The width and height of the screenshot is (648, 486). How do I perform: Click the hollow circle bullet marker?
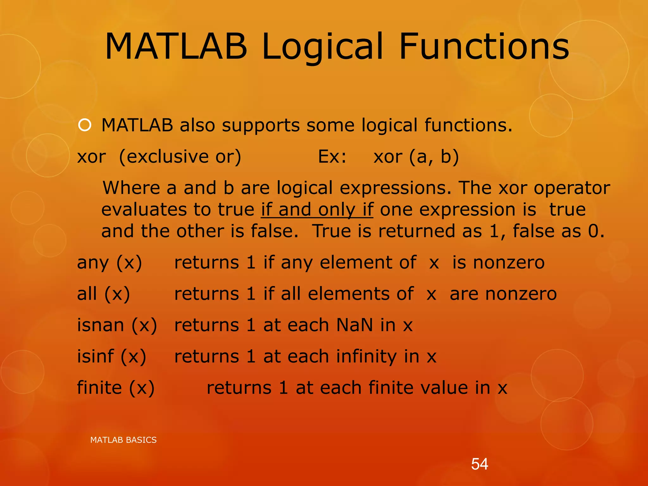(85, 125)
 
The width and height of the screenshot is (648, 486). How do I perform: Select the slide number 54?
(479, 464)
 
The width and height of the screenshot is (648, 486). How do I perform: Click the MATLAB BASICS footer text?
(123, 440)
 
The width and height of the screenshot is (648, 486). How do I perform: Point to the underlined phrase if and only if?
(317, 210)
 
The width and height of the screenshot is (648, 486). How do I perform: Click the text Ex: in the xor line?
(332, 156)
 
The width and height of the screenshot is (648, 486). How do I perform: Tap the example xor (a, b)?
(416, 157)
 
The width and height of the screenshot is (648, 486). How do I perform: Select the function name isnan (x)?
(117, 325)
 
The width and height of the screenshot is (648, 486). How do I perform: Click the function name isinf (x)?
(112, 357)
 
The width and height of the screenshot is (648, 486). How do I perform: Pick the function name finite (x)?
(116, 388)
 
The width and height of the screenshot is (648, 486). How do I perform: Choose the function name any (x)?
(109, 263)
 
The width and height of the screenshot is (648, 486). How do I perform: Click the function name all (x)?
(103, 294)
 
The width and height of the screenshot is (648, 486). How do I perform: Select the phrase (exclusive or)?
(180, 157)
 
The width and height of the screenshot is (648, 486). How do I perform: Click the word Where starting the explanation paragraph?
(131, 188)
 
